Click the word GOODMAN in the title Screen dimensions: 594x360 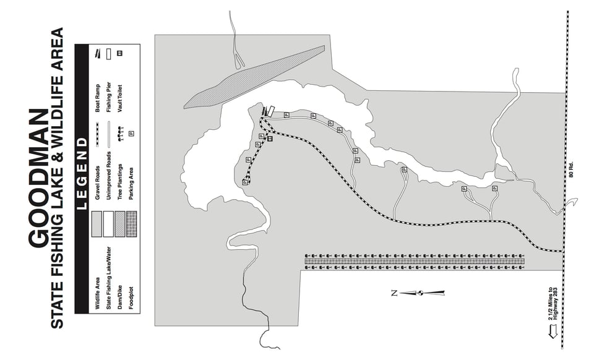tap(38, 178)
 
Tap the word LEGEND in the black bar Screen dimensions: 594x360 tap(82, 173)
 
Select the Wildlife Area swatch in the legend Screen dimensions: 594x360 tap(97, 224)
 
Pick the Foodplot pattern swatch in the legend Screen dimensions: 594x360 tap(131, 224)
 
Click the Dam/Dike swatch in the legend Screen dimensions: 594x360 tap(119, 224)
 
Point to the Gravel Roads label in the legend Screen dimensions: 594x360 tap(97, 183)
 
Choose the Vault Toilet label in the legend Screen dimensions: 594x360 tap(120, 98)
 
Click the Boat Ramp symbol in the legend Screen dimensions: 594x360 tap(98, 54)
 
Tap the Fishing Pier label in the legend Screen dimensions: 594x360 tap(109, 97)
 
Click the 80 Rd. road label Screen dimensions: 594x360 tap(571, 169)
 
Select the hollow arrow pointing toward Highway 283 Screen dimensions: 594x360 tap(553, 332)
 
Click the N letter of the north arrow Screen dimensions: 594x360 tap(394, 293)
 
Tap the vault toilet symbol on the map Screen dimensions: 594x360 tap(270, 139)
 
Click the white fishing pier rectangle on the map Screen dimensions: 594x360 tap(270, 111)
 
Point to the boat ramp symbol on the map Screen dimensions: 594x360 tap(264, 111)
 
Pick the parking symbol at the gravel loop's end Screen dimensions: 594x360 tap(245, 182)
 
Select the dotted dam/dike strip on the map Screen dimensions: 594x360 tap(254, 77)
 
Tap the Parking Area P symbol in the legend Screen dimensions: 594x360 tap(131, 134)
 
